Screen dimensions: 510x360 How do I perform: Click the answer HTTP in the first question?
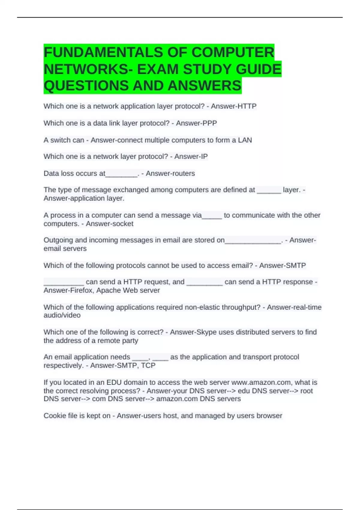point(247,106)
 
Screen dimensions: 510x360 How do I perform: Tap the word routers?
point(183,173)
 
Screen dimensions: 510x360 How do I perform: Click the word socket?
point(122,224)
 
